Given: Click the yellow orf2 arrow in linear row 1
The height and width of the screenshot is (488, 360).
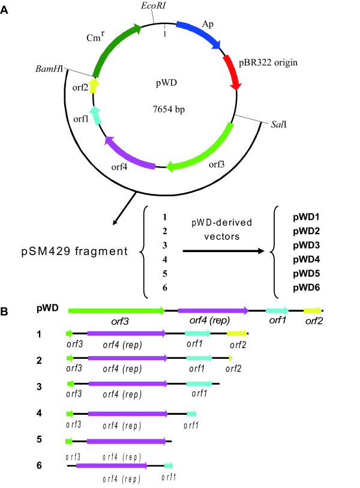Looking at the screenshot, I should point(236,333).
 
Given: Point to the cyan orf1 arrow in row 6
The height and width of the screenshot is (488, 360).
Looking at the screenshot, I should point(168,465).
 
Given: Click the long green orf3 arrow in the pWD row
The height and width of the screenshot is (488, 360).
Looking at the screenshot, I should point(116,310).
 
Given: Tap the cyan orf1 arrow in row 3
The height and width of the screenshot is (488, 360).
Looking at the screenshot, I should point(199,383).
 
